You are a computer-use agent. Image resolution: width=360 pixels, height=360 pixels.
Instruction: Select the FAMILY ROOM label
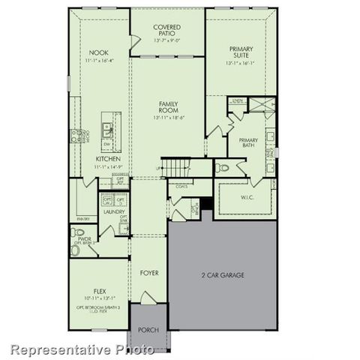point(167,106)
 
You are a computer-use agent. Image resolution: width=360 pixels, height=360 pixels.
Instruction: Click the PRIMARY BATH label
point(248,143)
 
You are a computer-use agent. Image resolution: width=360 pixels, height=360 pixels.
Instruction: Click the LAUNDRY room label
point(114,212)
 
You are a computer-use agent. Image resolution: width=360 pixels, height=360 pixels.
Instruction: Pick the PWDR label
point(83,238)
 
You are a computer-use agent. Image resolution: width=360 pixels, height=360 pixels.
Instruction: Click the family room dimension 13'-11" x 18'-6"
point(167,118)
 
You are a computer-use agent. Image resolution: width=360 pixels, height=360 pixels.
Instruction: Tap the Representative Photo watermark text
point(81,349)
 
